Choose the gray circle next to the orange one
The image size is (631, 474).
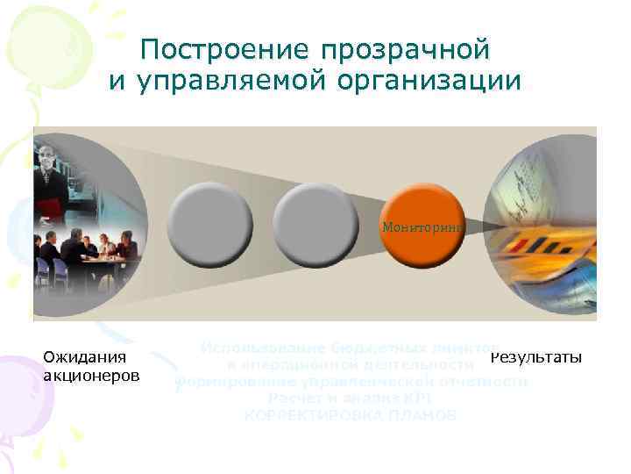coord(313,225)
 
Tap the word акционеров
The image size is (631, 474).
coord(91,376)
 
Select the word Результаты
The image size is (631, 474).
coord(535,357)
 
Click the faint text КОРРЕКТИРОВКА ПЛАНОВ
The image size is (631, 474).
coord(350,413)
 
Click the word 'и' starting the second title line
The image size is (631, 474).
coord(116,82)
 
